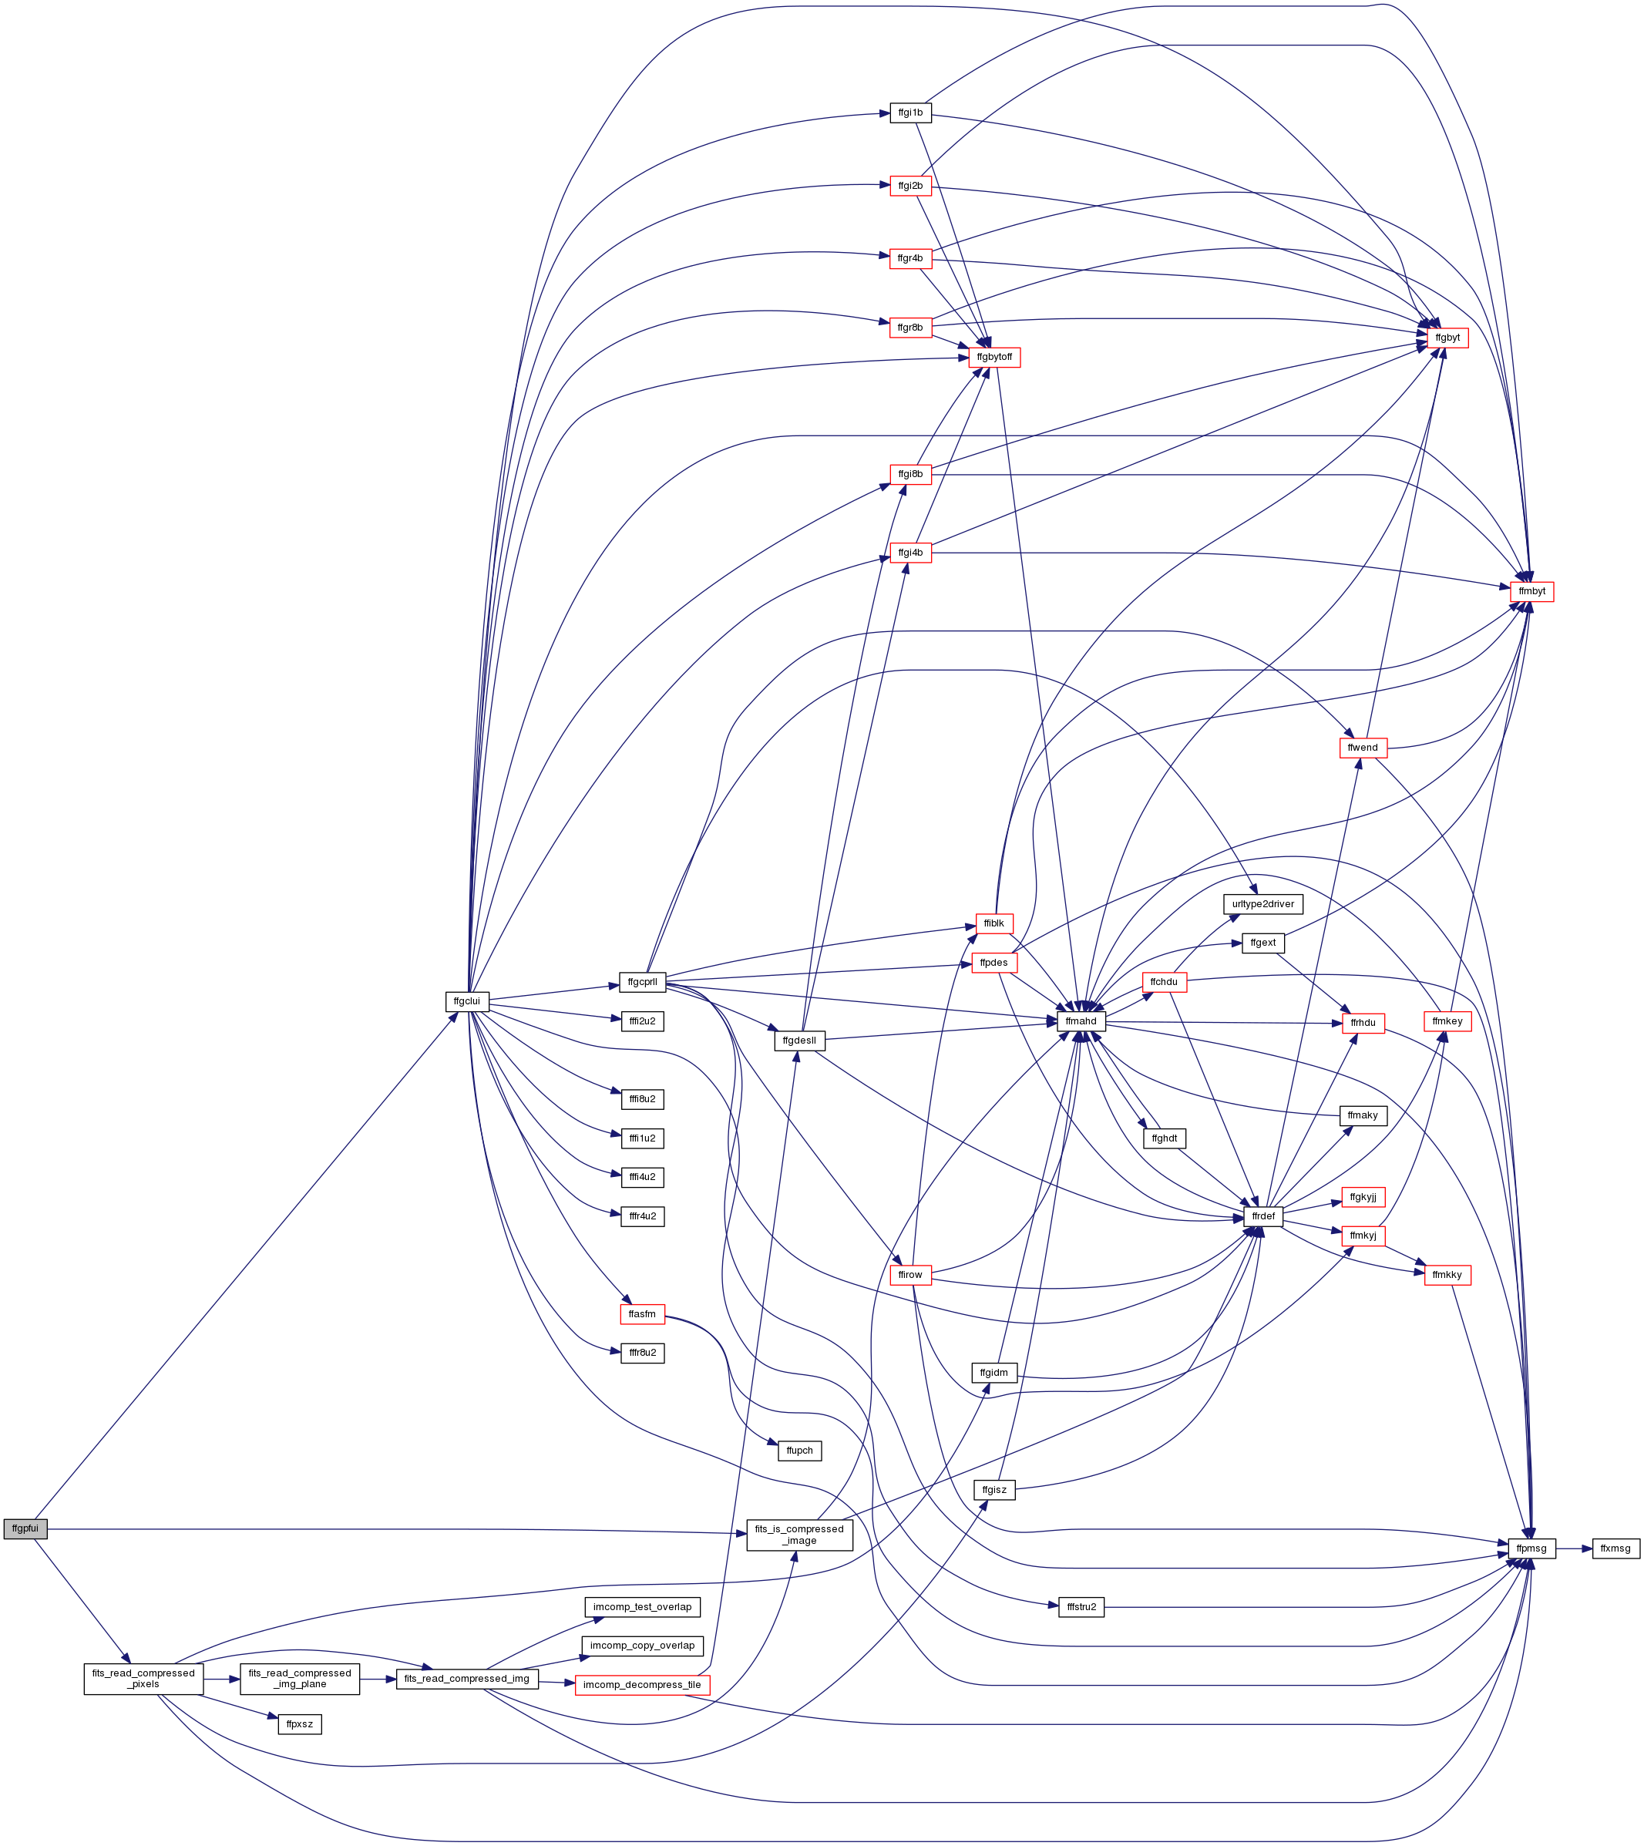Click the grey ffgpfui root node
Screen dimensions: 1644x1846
(x=25, y=1529)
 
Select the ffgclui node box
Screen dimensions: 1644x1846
(x=468, y=1001)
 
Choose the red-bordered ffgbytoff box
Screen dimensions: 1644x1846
(x=996, y=358)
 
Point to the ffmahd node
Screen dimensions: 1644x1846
(x=1081, y=1021)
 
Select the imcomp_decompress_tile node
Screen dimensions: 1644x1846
(x=642, y=1685)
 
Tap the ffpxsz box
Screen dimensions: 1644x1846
(x=300, y=1724)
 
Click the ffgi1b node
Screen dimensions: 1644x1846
(x=910, y=113)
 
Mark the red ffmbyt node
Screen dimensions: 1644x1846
(x=1532, y=591)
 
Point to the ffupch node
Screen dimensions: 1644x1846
(x=799, y=1451)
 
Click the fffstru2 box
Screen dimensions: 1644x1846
(x=1081, y=1606)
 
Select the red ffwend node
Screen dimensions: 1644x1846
(x=1363, y=748)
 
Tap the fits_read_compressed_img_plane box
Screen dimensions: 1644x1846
(x=300, y=1679)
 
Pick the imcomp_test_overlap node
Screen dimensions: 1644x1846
(x=642, y=1606)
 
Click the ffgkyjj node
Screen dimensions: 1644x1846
(x=1363, y=1198)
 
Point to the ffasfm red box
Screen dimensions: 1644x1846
(x=642, y=1314)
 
